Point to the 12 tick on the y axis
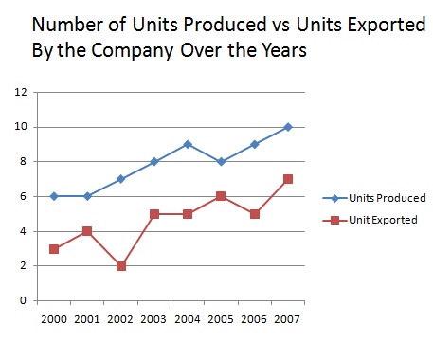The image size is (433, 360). (x=20, y=93)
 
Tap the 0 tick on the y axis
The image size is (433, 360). (x=23, y=301)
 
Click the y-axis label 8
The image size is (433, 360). (x=23, y=162)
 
